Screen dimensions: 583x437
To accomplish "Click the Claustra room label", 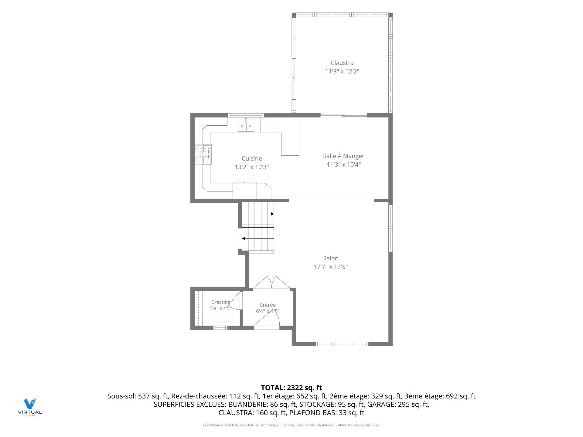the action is pyautogui.click(x=342, y=63).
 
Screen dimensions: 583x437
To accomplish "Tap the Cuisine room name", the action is pyautogui.click(x=251, y=158).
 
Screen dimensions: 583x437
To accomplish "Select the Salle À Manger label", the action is pyautogui.click(x=343, y=156).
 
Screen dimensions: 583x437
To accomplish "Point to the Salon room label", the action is pyautogui.click(x=331, y=258).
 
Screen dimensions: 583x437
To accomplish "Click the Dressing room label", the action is pyautogui.click(x=221, y=302).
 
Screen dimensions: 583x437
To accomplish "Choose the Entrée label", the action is pyautogui.click(x=268, y=305).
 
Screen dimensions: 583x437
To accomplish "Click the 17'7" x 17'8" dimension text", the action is pyautogui.click(x=331, y=267).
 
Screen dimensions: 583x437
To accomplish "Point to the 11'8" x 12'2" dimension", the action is pyautogui.click(x=342, y=71).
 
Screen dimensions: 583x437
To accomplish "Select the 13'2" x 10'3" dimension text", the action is pyautogui.click(x=252, y=167).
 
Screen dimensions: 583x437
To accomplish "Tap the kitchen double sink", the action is pyautogui.click(x=246, y=125).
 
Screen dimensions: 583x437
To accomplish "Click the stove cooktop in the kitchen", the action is pyautogui.click(x=203, y=154).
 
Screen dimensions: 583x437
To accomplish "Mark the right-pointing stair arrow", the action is pyautogui.click(x=258, y=214).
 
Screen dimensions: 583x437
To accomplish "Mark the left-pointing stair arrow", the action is pyautogui.click(x=258, y=239).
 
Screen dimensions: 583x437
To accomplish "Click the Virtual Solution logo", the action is pyautogui.click(x=30, y=407).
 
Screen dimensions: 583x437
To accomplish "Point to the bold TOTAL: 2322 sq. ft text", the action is pyautogui.click(x=291, y=388).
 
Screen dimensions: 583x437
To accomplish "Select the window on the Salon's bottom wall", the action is pyautogui.click(x=342, y=344).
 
